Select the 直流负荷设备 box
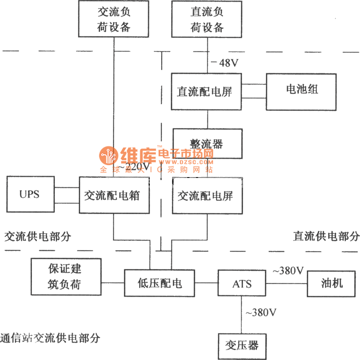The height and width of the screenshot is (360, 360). tap(207, 19)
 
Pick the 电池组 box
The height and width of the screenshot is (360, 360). tap(301, 91)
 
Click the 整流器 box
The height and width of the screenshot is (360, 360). tap(207, 144)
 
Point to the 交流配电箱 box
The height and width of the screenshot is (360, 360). tap(114, 196)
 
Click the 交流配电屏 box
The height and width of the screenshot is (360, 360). tap(207, 196)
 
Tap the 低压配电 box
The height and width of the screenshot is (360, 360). tap(159, 283)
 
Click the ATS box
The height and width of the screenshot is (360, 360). tap(242, 284)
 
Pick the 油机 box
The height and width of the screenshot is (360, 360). tap(332, 283)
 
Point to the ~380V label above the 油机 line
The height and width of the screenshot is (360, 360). tap(288, 271)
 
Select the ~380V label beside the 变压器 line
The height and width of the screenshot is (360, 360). tap(261, 312)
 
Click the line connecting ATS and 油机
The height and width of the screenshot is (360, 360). tap(286, 284)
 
